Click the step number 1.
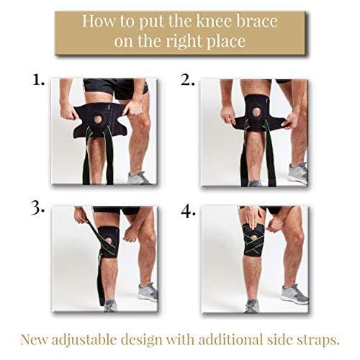pos(38,79)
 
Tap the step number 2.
pos(188,80)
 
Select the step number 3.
pos(37,207)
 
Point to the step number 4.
pos(188,212)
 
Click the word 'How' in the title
pos(99,21)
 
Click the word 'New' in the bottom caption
pos(34,340)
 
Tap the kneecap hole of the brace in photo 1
pos(98,120)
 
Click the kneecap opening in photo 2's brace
pos(255,112)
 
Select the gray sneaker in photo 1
pos(138,178)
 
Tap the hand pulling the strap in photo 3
pos(81,215)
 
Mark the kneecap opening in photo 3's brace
pos(109,240)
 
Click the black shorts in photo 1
pos(116,88)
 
